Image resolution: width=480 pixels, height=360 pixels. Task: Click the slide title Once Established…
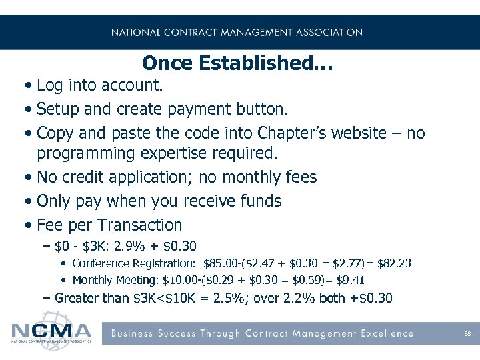coord(237,64)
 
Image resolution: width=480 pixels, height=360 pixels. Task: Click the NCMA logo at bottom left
coord(52,332)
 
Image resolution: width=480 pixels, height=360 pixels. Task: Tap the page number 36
coord(468,333)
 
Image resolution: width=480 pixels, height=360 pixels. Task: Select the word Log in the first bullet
coord(51,86)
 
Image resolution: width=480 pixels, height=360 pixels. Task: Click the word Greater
coord(77,298)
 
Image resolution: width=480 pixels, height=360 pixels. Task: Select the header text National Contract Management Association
coord(237,32)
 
